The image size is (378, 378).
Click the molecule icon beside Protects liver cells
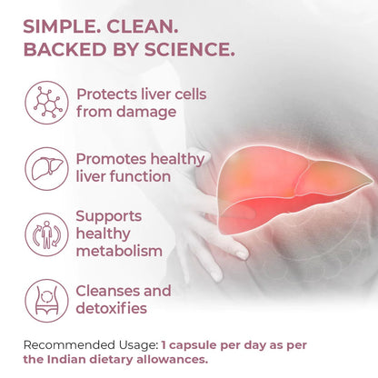(45, 102)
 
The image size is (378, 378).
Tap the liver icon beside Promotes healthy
(45, 167)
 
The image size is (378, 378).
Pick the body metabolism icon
(45, 234)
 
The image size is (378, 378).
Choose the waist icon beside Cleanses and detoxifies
(45, 300)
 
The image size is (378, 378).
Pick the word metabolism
(120, 251)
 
